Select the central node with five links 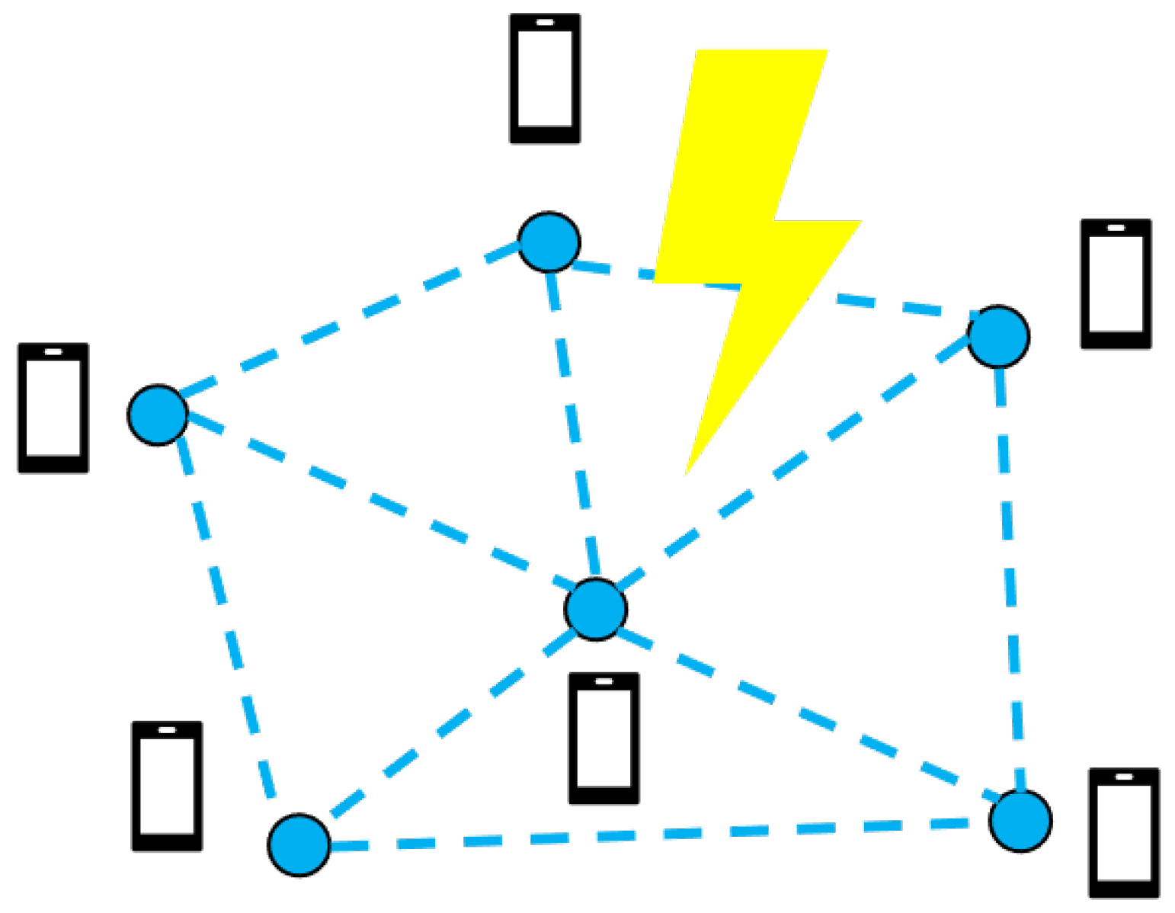pyautogui.click(x=596, y=609)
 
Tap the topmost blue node pyautogui.click(x=549, y=242)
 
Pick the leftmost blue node pyautogui.click(x=158, y=415)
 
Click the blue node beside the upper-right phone pyautogui.click(x=998, y=336)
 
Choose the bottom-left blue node pyautogui.click(x=299, y=844)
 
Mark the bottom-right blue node pyautogui.click(x=1020, y=821)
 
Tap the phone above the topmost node pyautogui.click(x=545, y=78)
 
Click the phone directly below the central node pyautogui.click(x=604, y=738)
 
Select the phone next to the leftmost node pyautogui.click(x=53, y=408)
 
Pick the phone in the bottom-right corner pyautogui.click(x=1124, y=832)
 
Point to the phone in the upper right pyautogui.click(x=1116, y=284)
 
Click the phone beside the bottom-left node pyautogui.click(x=167, y=786)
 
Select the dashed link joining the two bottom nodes pyautogui.click(x=655, y=834)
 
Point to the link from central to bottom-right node pyautogui.click(x=808, y=715)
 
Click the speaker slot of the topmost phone pyautogui.click(x=545, y=23)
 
